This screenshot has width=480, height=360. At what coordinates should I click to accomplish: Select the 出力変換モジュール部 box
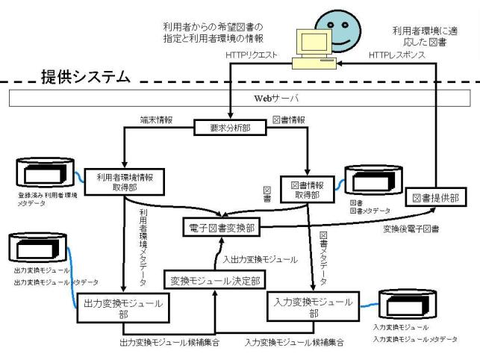(122, 308)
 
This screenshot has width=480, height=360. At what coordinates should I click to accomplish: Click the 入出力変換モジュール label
(261, 259)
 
